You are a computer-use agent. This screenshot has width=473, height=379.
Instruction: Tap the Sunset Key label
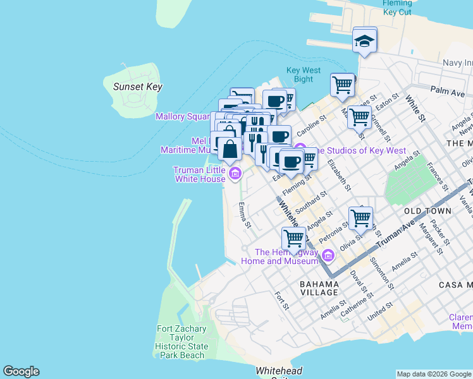pos(137,87)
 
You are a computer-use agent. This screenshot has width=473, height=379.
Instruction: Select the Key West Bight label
pos(304,75)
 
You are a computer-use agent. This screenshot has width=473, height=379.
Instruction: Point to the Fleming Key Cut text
pos(397,8)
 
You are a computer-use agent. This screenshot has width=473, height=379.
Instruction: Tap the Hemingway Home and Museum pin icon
pos(328,256)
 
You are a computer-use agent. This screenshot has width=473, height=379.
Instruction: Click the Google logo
pos(21,371)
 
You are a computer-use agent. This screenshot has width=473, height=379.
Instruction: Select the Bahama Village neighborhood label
pos(319,289)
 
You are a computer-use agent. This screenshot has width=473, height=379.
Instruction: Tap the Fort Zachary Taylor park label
pos(181,342)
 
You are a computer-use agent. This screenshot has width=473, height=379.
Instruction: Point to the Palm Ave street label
pos(448,92)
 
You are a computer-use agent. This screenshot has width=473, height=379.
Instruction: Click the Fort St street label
pos(282,301)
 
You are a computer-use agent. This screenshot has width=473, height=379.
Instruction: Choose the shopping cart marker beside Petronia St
pos(360,218)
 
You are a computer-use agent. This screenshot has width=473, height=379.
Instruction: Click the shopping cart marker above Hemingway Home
pos(294,239)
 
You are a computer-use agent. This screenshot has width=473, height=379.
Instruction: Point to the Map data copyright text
pos(434,374)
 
